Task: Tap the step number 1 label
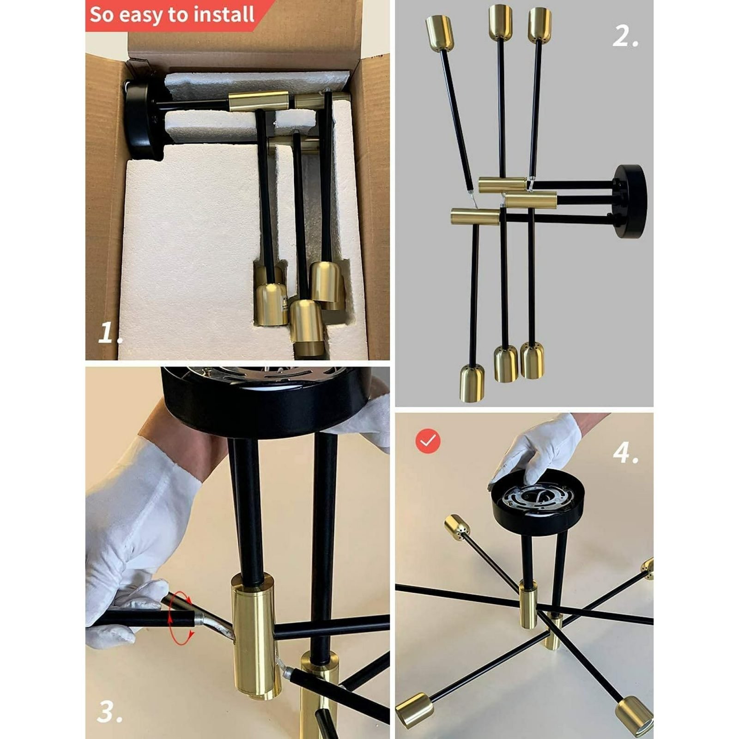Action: coord(110,333)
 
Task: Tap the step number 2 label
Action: coord(625,36)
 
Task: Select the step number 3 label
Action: coord(110,712)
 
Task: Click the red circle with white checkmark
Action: coord(428,441)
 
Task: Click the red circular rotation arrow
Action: coord(180,618)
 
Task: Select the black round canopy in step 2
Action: coord(630,201)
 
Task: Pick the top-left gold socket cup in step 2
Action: coord(439,32)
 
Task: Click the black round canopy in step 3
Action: coord(267,401)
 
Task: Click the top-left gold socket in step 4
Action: coord(456,527)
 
